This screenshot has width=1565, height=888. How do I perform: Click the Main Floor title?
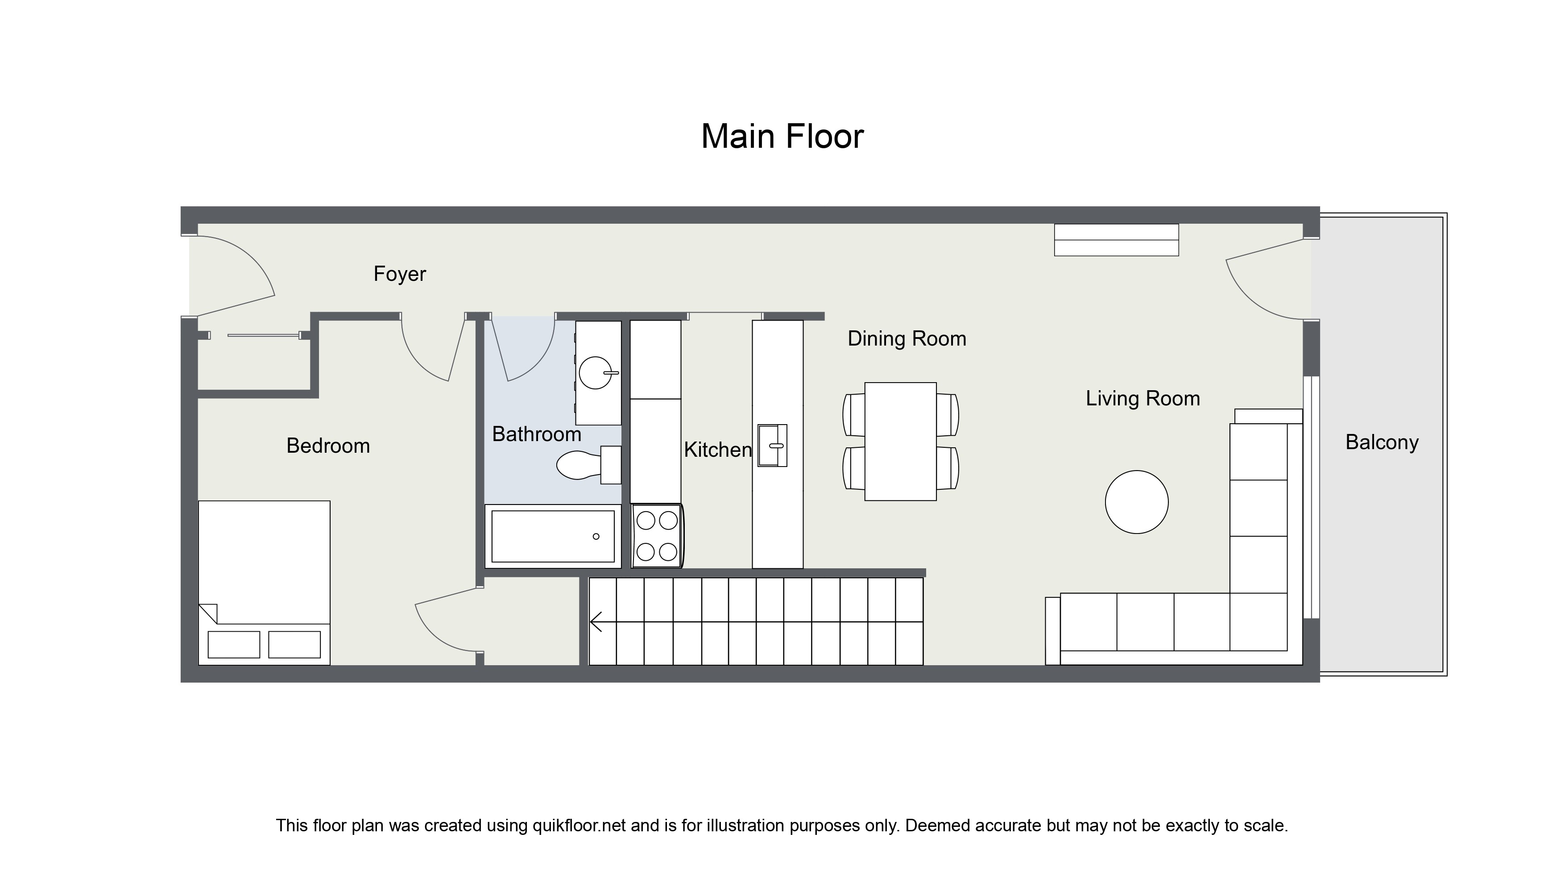(782, 136)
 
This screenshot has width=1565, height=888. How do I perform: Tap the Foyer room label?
(399, 274)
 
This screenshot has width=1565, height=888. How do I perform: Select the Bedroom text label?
(328, 446)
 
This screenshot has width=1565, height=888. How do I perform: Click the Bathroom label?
(536, 434)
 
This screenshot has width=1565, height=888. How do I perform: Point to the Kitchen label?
(717, 450)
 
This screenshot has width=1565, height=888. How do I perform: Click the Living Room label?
(1142, 399)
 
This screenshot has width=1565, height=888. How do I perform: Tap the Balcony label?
(1382, 442)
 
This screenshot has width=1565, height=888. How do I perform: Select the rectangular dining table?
(900, 442)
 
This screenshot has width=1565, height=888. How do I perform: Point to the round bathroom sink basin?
(595, 373)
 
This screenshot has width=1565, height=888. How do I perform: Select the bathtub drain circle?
(596, 537)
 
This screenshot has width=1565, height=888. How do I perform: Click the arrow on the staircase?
(596, 622)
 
